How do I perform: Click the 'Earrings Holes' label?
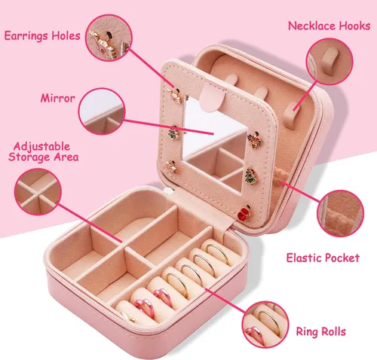(42, 36)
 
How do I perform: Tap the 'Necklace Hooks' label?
(329, 26)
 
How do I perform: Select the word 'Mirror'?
(58, 98)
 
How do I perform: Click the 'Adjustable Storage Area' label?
(43, 151)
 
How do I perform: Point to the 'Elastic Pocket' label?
(323, 258)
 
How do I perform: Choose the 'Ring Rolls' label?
(321, 331)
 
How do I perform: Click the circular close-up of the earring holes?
(109, 38)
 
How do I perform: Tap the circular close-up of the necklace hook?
(329, 62)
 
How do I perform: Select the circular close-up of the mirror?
(102, 111)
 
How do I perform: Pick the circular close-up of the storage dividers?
(38, 192)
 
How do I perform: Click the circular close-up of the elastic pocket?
(340, 213)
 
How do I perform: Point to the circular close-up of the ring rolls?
(265, 325)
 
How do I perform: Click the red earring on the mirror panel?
(244, 212)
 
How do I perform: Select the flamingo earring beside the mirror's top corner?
(176, 96)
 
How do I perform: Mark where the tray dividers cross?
(124, 247)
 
